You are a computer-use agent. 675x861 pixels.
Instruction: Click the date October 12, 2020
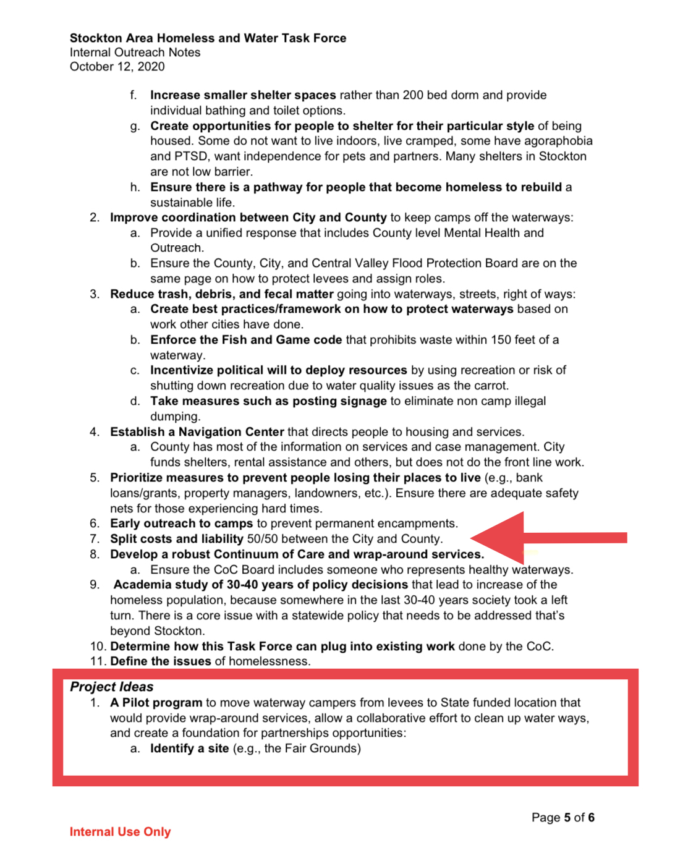pyautogui.click(x=117, y=67)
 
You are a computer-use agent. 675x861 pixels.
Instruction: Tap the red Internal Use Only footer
pyautogui.click(x=120, y=832)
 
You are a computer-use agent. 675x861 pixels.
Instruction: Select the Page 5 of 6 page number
pyautogui.click(x=562, y=818)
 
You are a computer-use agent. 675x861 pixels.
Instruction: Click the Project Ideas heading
pyautogui.click(x=111, y=687)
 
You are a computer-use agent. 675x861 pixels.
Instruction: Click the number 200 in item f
pyautogui.click(x=413, y=95)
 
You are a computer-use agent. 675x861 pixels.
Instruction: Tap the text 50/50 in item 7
pyautogui.click(x=263, y=539)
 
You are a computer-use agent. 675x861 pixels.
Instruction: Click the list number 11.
pyautogui.click(x=98, y=661)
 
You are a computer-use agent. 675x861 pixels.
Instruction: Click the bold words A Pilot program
pyautogui.click(x=156, y=703)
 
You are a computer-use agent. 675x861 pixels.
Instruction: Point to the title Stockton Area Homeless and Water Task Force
pyautogui.click(x=208, y=38)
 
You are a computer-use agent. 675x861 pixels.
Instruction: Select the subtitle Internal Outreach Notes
pyautogui.click(x=135, y=53)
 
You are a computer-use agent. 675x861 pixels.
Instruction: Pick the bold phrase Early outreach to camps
pyautogui.click(x=181, y=524)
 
